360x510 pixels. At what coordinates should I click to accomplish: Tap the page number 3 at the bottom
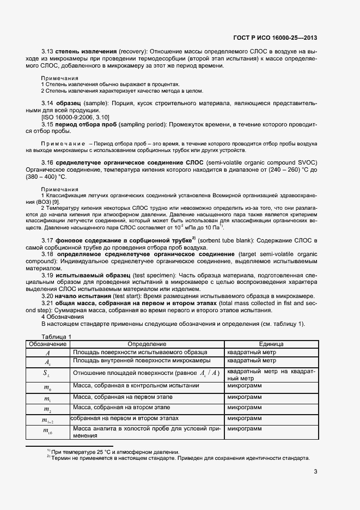pyautogui.click(x=315, y=472)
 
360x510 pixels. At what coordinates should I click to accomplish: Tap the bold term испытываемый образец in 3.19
pyautogui.click(x=93, y=275)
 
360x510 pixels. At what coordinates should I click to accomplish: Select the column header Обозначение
pyautogui.click(x=47, y=344)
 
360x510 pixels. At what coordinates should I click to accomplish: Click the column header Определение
pyautogui.click(x=147, y=344)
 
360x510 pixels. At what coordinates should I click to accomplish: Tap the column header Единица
pyautogui.click(x=271, y=344)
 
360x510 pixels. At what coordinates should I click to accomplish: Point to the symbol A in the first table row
pyautogui.click(x=47, y=353)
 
